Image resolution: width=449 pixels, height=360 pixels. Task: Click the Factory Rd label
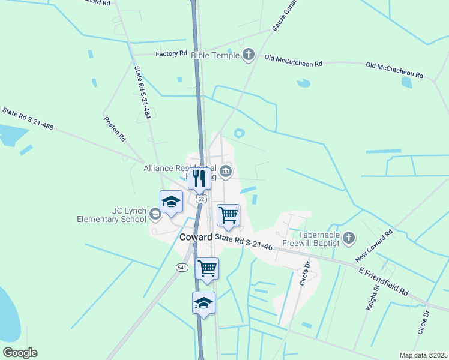pos(171,54)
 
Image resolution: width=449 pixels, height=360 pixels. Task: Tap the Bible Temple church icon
pos(249,56)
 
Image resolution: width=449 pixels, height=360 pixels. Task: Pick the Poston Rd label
pos(115,128)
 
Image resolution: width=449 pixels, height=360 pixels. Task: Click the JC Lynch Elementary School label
pos(112,215)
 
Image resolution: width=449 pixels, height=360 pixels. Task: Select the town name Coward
pos(196,237)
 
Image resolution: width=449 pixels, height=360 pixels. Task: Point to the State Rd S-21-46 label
pos(244,242)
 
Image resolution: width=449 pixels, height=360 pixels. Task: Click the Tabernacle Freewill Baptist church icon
pos(349,239)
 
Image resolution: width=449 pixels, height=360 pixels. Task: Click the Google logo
pos(20,353)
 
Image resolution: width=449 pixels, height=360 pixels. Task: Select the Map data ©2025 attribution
pos(423,355)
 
